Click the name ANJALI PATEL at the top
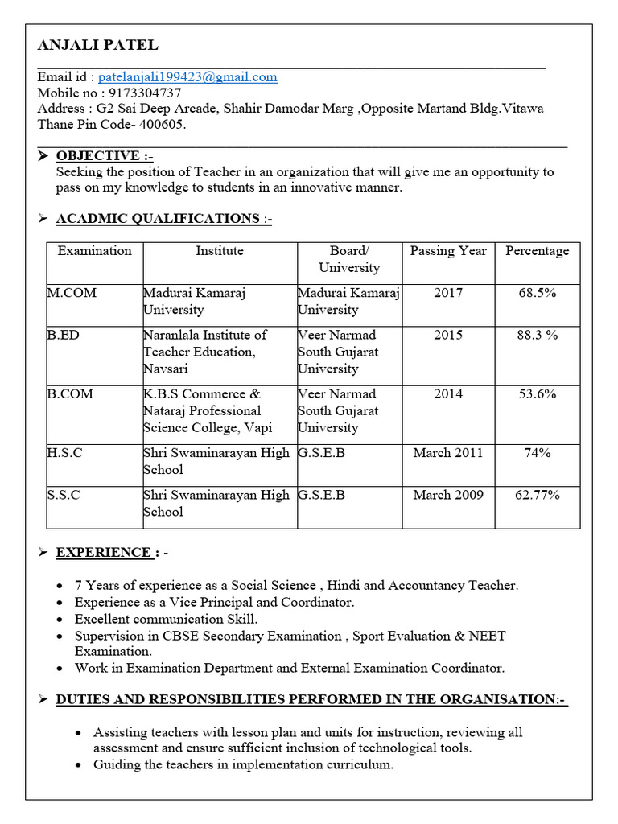coord(97,45)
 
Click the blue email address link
coord(187,77)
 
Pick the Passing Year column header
coord(448,251)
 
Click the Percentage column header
coord(537,251)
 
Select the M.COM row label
coord(72,293)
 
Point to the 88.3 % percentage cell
coord(537,335)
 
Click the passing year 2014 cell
coord(448,393)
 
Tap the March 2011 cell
coord(448,453)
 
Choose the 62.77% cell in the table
coord(537,495)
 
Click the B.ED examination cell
coord(64,335)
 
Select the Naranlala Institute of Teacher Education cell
coord(204,352)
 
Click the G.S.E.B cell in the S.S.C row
coord(321,495)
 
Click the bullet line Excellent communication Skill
coord(166,619)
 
